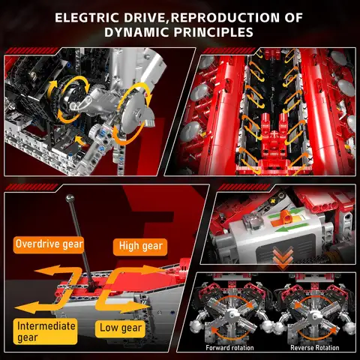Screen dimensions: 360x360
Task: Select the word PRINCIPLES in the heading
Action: [x=212, y=32]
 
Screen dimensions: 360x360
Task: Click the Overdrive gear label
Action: [x=49, y=244]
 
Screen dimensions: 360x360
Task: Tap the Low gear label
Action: [x=120, y=328]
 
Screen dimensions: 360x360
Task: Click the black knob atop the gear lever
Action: [x=68, y=198]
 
